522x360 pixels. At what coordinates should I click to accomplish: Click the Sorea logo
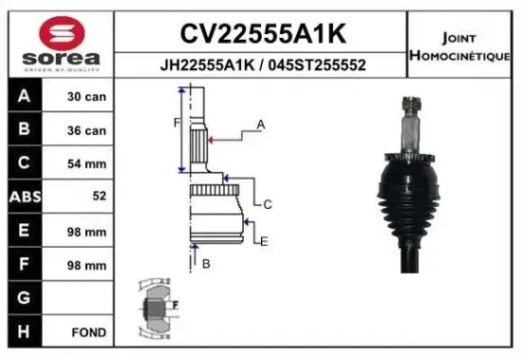[x=58, y=43]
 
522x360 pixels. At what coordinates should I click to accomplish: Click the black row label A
[x=23, y=97]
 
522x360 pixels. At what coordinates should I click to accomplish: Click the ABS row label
[x=23, y=197]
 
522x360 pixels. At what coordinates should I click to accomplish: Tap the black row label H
[x=23, y=332]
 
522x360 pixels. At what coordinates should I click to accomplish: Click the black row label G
[x=23, y=297]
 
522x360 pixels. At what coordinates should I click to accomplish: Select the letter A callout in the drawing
[x=260, y=124]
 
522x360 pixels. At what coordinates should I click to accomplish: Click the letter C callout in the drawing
[x=268, y=204]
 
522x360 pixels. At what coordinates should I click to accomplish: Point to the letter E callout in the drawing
[x=264, y=241]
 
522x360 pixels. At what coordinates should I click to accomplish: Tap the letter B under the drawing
[x=205, y=263]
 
